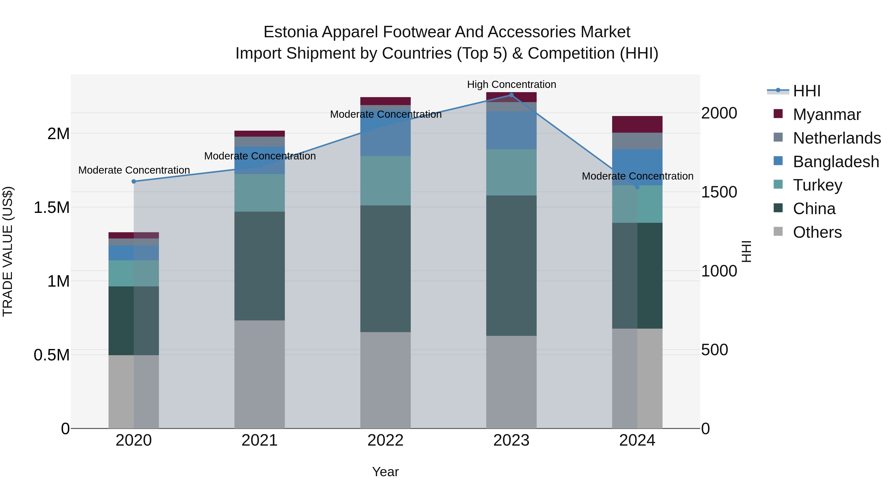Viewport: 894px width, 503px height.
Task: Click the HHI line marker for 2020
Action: click(134, 182)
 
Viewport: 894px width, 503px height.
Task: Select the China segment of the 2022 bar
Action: click(385, 269)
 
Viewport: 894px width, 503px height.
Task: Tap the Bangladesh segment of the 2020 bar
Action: click(134, 253)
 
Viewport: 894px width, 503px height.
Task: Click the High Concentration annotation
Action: click(511, 85)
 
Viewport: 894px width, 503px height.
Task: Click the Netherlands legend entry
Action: click(837, 138)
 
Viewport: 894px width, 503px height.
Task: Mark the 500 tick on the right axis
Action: click(714, 350)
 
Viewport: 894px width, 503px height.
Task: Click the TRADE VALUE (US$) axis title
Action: click(8, 251)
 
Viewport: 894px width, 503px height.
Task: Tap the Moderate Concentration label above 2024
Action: click(637, 176)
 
